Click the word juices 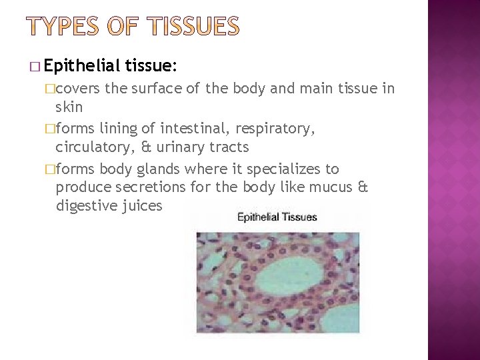coord(143,206)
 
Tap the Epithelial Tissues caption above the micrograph coord(277,217)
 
